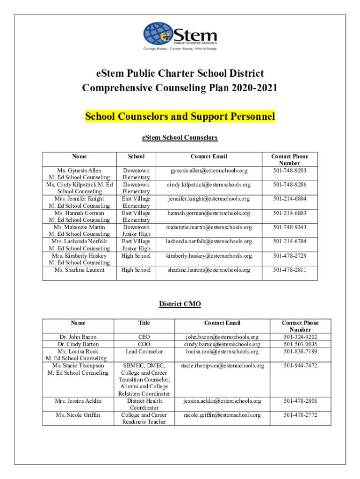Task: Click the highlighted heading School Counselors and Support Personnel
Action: pyautogui.click(x=180, y=116)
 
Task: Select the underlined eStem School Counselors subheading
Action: pyautogui.click(x=180, y=138)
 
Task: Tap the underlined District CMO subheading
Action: pyautogui.click(x=180, y=304)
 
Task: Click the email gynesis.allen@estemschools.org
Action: pyautogui.click(x=209, y=171)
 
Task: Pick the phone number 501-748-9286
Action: pyautogui.click(x=290, y=185)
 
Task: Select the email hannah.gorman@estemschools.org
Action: pyautogui.click(x=209, y=213)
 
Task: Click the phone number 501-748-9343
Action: pyautogui.click(x=290, y=227)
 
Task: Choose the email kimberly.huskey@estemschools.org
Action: pyautogui.click(x=209, y=256)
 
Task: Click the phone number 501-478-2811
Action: pyautogui.click(x=290, y=270)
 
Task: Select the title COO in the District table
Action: pyautogui.click(x=144, y=344)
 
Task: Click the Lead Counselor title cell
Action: pyautogui.click(x=144, y=351)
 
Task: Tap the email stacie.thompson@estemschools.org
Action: pyautogui.click(x=222, y=365)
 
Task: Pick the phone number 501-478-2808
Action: pyautogui.click(x=300, y=401)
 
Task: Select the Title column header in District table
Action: pyautogui.click(x=144, y=323)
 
